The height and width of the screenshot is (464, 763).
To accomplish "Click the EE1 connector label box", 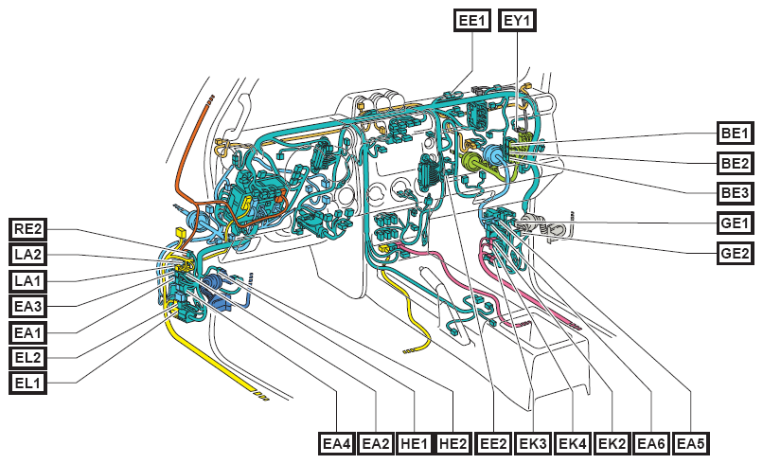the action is pyautogui.click(x=472, y=21).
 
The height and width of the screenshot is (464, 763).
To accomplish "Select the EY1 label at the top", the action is pyautogui.click(x=517, y=21).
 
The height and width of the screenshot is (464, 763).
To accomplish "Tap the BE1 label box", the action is pyautogui.click(x=736, y=133).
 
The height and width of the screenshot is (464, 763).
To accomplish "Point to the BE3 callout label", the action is pyautogui.click(x=736, y=193).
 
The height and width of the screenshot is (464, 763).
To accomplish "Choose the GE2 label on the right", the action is pyautogui.click(x=736, y=253).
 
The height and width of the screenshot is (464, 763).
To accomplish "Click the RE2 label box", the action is pyautogui.click(x=28, y=229).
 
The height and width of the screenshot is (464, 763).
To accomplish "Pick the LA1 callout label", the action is pyautogui.click(x=28, y=281).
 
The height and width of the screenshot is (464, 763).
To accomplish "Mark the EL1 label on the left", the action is pyautogui.click(x=28, y=383).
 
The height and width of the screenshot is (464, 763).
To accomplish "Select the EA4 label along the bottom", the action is pyautogui.click(x=337, y=443).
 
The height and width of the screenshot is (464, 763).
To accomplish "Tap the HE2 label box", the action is pyautogui.click(x=453, y=443).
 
